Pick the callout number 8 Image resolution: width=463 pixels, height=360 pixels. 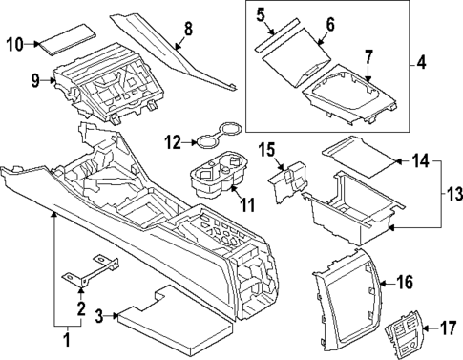coord(187,29)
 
